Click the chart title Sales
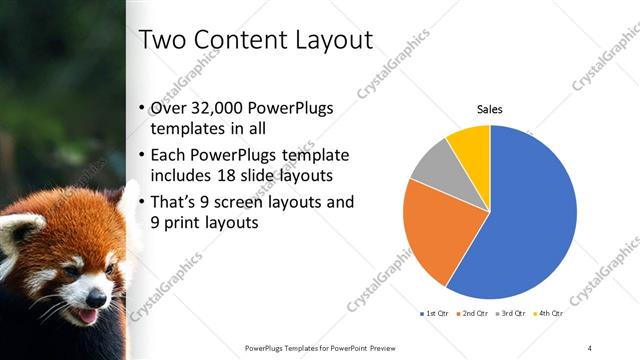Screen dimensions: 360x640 click(489, 109)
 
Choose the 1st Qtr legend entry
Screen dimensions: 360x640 click(434, 314)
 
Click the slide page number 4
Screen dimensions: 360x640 click(590, 347)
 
